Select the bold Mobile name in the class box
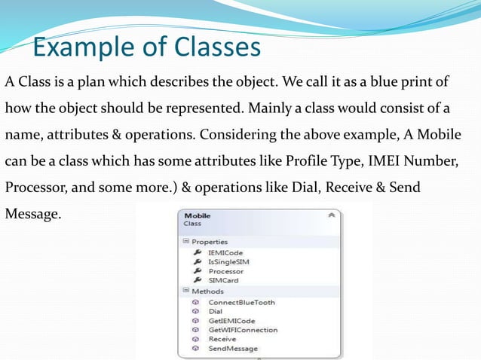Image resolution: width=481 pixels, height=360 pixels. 198,215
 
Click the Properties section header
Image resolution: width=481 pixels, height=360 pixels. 209,242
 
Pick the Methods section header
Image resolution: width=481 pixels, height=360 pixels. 207,291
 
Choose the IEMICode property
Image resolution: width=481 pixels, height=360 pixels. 226,252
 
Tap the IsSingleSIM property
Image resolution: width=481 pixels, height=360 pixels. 228,261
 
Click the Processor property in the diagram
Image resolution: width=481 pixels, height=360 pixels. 226,270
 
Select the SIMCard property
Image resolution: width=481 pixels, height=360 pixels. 224,279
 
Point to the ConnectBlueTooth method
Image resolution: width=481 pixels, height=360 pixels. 241,302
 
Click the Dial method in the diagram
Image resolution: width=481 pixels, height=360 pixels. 216,311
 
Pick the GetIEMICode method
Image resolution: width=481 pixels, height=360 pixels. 232,321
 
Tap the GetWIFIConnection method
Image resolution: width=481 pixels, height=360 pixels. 243,330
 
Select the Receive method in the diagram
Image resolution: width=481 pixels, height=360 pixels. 222,339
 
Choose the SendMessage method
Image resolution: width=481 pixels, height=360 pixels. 233,348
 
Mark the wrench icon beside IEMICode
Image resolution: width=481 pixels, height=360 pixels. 197,252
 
